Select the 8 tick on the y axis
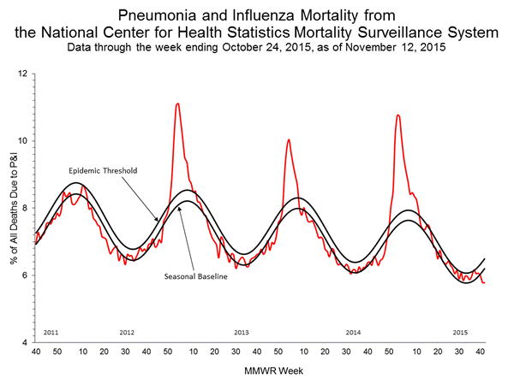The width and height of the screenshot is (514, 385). point(25,208)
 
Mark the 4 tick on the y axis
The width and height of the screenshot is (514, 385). point(25,342)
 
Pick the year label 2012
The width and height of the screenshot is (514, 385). point(127,331)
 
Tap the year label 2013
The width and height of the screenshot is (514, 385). point(241,331)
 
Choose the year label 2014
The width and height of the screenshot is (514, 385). point(354,331)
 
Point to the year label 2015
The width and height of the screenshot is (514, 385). point(460,331)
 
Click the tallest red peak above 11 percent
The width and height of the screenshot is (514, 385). point(177,104)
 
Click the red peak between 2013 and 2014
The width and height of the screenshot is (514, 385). point(289,139)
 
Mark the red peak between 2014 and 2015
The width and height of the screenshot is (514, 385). point(397,115)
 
